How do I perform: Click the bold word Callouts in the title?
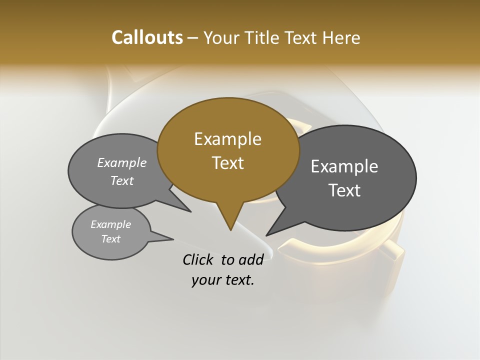[x=147, y=37]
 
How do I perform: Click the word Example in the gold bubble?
[x=227, y=139]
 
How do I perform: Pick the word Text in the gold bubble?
[x=227, y=163]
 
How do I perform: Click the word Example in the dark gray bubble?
[x=344, y=166]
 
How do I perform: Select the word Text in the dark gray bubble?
[x=344, y=190]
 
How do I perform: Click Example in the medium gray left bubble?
[x=122, y=162]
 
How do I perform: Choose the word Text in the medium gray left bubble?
[x=122, y=180]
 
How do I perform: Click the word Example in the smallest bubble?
[x=110, y=224]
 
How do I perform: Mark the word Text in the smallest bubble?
[x=110, y=239]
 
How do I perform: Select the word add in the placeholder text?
[x=250, y=259]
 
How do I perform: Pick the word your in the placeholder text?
[x=205, y=280]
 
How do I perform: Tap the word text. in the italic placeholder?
[x=237, y=280]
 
